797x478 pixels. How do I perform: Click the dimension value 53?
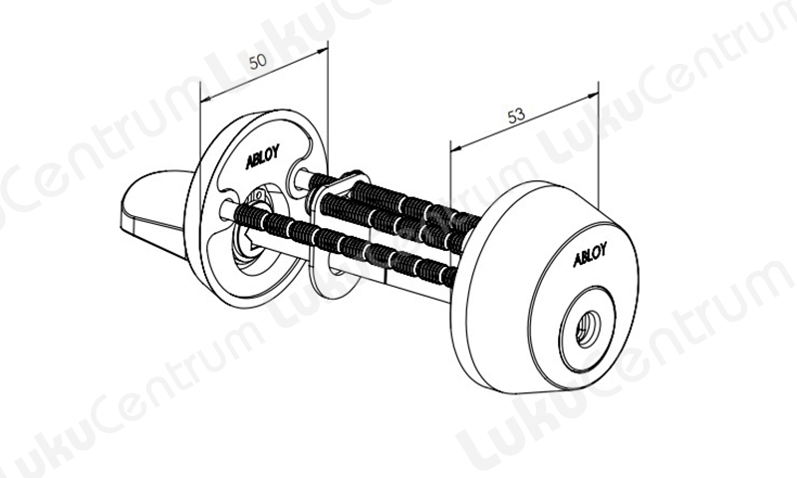[x=517, y=117]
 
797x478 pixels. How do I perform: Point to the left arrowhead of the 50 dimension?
[x=204, y=101]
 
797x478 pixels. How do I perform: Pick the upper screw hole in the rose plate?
[x=299, y=175]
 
